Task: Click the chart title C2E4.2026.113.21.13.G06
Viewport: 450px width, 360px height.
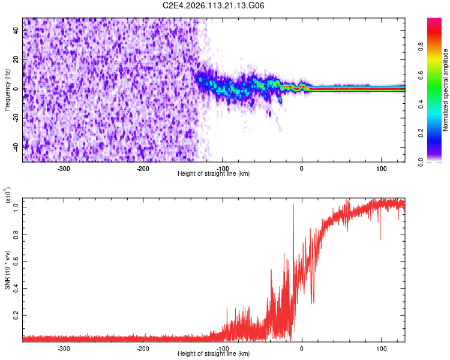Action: coord(214,6)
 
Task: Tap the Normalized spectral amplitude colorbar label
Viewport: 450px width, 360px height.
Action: coord(446,90)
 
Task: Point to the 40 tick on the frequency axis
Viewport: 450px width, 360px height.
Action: coord(17,31)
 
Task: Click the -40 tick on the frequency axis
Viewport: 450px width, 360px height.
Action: coord(16,146)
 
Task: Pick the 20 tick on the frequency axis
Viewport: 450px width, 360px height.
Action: coord(17,59)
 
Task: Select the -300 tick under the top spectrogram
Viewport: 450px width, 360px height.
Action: coord(64,168)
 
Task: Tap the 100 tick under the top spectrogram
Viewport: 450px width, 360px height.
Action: coord(381,168)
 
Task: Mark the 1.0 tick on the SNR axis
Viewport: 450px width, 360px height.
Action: coord(17,207)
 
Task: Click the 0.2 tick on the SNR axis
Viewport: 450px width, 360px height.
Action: coord(17,314)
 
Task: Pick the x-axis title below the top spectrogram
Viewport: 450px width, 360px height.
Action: coord(214,174)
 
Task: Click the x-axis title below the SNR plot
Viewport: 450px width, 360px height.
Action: coord(214,354)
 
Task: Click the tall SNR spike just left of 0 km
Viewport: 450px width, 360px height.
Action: coord(293,205)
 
